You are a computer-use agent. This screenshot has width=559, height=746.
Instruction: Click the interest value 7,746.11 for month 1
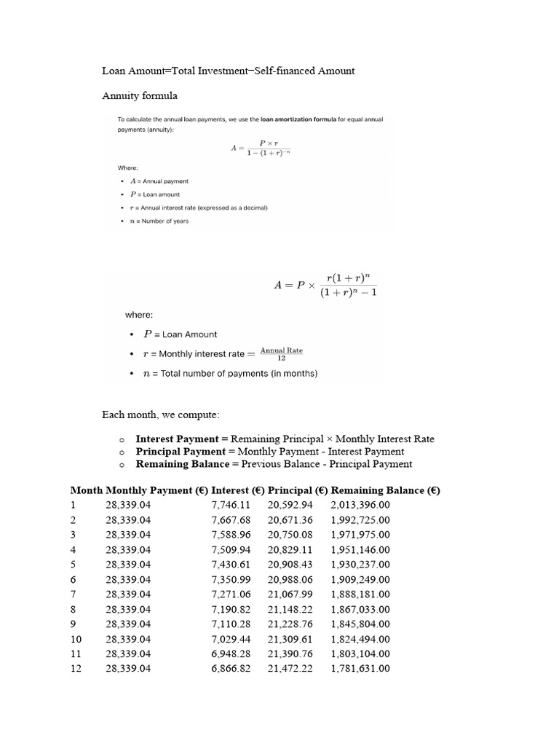coord(231,505)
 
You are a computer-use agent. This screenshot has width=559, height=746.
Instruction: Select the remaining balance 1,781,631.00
coord(360,668)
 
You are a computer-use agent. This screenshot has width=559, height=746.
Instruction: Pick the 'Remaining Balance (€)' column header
coord(386,490)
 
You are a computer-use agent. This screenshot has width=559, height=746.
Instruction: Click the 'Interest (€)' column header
coord(237,490)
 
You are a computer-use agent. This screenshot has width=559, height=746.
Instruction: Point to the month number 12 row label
coord(76,668)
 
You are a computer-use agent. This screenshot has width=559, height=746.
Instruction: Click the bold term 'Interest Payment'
coord(177,439)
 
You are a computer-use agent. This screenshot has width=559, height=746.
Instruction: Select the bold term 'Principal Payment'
coord(181,451)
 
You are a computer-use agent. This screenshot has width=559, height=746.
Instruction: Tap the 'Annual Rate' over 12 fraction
coord(282,353)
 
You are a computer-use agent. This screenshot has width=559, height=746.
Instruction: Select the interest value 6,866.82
coord(231,668)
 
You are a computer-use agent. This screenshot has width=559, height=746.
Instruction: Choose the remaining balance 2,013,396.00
coord(360,505)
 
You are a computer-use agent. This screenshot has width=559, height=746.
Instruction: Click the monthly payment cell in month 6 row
coord(128,579)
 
